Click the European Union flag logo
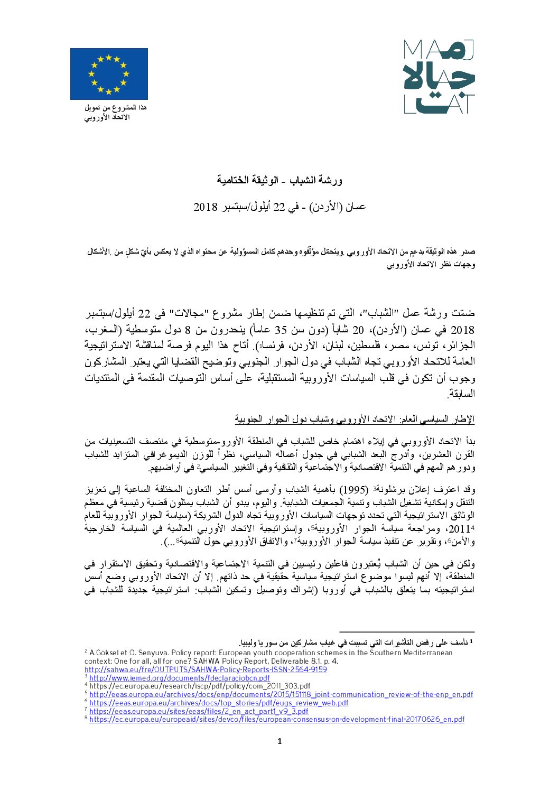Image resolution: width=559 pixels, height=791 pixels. coord(109,74)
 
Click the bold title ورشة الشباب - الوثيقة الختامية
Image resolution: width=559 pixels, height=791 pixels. coord(279,180)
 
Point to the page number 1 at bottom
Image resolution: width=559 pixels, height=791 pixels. coord(279,741)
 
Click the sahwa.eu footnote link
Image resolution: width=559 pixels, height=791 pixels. coord(206,669)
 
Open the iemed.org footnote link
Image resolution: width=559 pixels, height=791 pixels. coord(179,678)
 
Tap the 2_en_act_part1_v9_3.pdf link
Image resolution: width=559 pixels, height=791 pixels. coord(199,711)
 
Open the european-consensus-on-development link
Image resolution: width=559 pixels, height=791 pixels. coord(277,719)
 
